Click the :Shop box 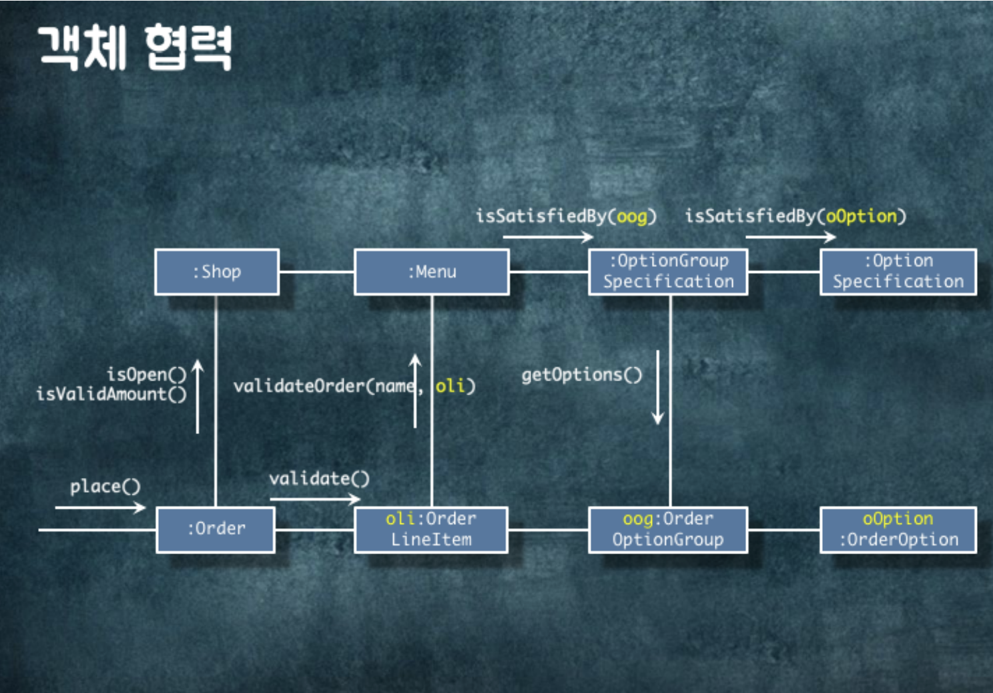[x=217, y=272]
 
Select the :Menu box [x=432, y=272]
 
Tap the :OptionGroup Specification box [x=668, y=272]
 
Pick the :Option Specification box [x=898, y=272]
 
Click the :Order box [x=216, y=529]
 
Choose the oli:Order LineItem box [x=431, y=529]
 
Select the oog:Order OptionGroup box [x=668, y=529]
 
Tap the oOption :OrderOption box [x=898, y=529]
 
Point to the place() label [x=105, y=486]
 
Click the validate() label [x=319, y=478]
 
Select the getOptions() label [x=581, y=375]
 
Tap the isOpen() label [x=146, y=374]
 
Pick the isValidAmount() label [x=111, y=394]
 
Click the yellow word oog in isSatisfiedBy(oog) [x=632, y=216]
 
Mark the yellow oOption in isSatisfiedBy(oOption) [x=862, y=216]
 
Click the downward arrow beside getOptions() [x=658, y=387]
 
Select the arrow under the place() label [x=100, y=507]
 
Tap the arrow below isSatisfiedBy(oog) [x=548, y=236]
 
